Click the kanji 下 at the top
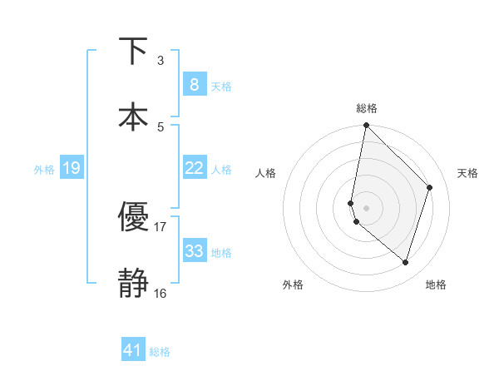[133, 51]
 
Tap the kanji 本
[133, 116]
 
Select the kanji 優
[133, 217]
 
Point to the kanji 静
[133, 284]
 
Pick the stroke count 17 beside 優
[160, 226]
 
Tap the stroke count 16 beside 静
[160, 293]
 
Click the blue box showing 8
[194, 84]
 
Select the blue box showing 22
[194, 168]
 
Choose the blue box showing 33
[194, 251]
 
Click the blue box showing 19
[71, 168]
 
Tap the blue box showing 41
[133, 350]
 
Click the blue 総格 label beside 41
[160, 352]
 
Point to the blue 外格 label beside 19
[44, 170]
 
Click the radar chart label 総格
[367, 108]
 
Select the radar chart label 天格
[467, 173]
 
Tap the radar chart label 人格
[265, 173]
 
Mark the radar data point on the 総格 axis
[366, 126]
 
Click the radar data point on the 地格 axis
[405, 262]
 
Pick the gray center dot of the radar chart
[366, 208]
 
